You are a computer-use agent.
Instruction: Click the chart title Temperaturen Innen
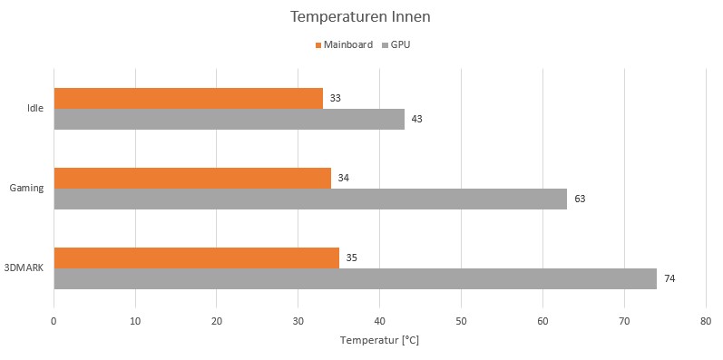coord(361,17)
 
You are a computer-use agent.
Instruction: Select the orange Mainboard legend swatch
coord(318,44)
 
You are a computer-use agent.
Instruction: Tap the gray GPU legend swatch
coord(386,44)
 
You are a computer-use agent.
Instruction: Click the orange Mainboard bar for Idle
coord(188,98)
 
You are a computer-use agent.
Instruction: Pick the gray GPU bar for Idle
coord(229,119)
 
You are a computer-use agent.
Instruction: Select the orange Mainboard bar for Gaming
coord(192,178)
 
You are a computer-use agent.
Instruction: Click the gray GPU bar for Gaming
coord(310,199)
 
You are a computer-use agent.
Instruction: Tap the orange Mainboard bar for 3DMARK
coord(196,258)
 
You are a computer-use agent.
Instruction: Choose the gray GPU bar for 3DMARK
coord(355,278)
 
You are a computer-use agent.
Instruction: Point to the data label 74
coord(669,278)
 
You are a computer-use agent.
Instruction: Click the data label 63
coord(580,199)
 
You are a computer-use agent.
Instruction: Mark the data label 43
coord(417,119)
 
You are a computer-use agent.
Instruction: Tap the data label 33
coord(336,98)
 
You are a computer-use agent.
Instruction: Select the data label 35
coord(352,258)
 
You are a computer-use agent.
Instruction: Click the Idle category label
coord(35,109)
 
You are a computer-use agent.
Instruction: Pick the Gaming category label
coord(27,189)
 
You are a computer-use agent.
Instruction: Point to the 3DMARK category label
coord(24,268)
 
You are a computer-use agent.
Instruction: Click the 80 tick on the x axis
coord(705,320)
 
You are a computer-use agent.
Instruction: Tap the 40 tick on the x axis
coord(379,320)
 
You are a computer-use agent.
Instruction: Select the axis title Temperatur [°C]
coord(379,341)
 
